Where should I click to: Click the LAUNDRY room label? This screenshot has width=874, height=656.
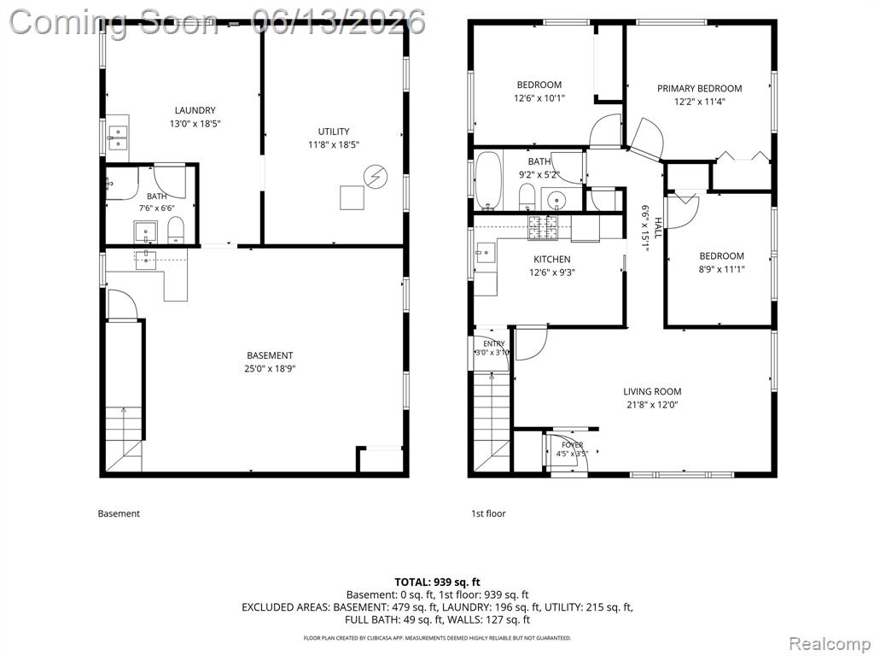[x=195, y=110]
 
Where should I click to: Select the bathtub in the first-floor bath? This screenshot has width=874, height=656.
[x=489, y=180]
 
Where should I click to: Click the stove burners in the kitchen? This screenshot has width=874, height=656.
[x=543, y=228]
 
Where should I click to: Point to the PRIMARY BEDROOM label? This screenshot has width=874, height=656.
[x=700, y=88]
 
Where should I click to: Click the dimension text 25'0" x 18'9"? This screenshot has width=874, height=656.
[x=270, y=369]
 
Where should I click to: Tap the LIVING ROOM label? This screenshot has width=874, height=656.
[x=652, y=391]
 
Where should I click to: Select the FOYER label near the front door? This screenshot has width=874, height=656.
[x=572, y=444]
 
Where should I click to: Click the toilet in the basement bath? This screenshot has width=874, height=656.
[x=176, y=231]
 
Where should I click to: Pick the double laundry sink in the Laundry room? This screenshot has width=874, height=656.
[x=118, y=138]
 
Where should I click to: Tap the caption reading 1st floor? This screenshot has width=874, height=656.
[x=488, y=513]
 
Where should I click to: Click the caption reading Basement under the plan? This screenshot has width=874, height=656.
[x=119, y=513]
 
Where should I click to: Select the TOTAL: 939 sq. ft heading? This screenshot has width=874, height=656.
[x=437, y=583]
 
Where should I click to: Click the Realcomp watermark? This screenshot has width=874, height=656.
[x=828, y=644]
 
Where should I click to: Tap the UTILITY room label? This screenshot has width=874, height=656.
[x=334, y=132]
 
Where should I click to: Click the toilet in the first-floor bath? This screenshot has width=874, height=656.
[x=527, y=197]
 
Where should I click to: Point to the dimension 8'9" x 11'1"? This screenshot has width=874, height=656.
[x=722, y=269]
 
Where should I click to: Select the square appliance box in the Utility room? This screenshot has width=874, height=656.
[x=353, y=197]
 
